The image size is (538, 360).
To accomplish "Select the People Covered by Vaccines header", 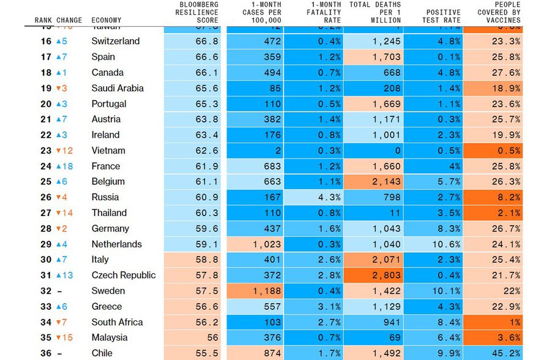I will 499,12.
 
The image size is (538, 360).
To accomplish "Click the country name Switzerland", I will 116,41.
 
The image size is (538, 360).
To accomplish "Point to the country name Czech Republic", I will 124,275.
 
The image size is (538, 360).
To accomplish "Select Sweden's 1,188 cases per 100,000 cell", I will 255,291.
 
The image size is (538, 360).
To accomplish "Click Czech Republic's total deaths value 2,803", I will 373,275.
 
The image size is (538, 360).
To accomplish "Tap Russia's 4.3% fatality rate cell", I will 313,197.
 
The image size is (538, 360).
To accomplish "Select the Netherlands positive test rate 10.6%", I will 433,244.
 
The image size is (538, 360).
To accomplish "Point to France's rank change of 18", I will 65,166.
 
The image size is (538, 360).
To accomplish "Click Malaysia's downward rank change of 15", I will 65,337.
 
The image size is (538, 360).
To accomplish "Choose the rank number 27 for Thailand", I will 46,212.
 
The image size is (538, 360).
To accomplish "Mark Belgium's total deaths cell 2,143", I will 373,181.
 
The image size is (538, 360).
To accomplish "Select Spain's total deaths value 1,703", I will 373,57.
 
